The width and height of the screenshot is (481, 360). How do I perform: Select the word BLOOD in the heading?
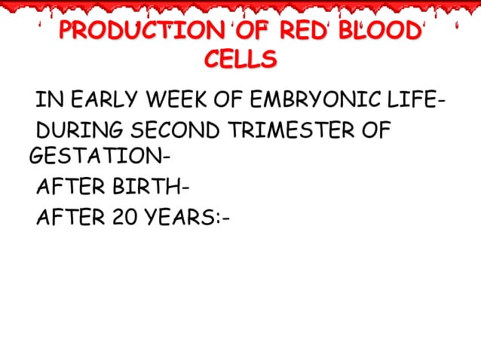[379, 32]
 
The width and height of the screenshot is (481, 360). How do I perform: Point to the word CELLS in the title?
[240, 59]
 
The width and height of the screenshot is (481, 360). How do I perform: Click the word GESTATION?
[96, 157]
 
